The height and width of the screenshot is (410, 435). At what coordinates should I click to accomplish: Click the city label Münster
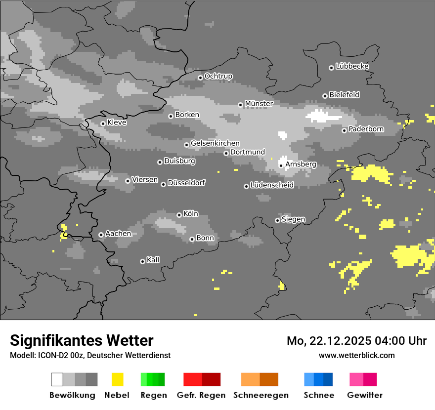259,104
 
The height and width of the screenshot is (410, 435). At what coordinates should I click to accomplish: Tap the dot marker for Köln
179,215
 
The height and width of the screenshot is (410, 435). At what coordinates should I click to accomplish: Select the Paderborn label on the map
366,129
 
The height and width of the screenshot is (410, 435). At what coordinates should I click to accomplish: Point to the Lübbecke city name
352,66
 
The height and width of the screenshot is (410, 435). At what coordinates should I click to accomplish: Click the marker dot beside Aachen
101,235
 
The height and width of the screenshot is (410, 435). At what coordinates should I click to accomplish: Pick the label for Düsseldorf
186,183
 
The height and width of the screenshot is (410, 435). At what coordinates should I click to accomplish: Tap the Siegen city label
293,219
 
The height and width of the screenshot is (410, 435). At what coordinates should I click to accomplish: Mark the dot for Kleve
103,123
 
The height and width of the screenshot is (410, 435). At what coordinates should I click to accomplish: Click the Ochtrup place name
218,76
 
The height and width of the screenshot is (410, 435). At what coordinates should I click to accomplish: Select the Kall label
153,260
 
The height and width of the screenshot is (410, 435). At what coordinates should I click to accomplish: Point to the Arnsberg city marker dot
281,165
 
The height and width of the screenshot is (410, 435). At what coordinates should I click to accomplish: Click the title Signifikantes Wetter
82,340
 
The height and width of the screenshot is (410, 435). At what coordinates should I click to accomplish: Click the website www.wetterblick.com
356,355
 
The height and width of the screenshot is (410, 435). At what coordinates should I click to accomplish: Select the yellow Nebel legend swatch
117,379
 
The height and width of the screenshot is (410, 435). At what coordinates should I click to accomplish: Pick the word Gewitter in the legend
365,395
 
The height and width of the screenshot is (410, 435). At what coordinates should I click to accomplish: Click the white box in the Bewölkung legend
57,379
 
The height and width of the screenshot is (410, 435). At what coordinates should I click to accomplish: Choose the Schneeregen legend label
261,395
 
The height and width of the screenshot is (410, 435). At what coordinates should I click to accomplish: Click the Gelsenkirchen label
215,143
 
